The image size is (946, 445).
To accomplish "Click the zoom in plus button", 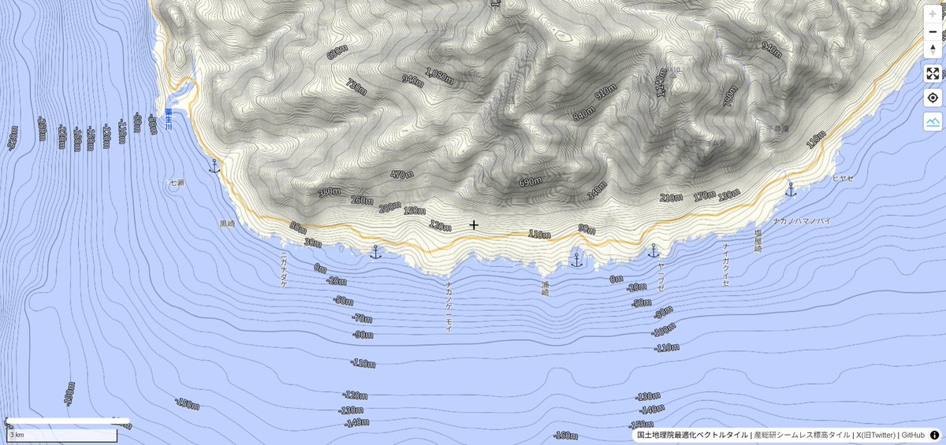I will pos(933,14).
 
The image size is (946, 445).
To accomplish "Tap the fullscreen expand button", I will pos(933,73).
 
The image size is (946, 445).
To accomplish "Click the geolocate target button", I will pos(933,98).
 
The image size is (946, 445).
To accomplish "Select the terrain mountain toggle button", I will pos(933,121).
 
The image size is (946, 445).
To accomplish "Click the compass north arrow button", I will pos(933,50).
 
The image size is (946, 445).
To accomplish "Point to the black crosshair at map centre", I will pos(474,225).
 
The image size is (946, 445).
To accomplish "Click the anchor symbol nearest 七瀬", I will pos(213,166).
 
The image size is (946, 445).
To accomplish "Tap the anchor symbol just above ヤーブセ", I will pos(653,251).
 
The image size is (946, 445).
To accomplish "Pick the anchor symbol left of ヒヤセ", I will pos(791,189).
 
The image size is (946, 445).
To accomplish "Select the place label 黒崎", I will pos(227,224).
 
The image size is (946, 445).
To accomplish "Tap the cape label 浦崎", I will pos(545,287).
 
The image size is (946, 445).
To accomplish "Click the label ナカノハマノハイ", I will pos(801,221).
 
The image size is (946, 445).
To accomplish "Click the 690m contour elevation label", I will pos(531,182).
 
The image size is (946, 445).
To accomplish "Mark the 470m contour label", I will pos(402,174).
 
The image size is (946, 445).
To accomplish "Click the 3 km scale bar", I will pos(63,434).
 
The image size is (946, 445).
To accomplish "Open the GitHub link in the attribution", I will pos(913,435).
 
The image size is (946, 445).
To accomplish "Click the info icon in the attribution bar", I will pos(935,435).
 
